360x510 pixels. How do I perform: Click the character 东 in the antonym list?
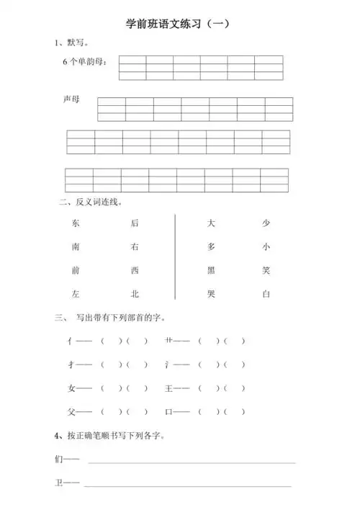click(76, 223)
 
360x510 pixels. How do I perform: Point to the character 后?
click(135, 223)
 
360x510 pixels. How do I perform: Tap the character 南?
click(76, 247)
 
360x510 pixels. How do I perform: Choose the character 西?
click(135, 270)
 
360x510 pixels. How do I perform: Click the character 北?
click(135, 294)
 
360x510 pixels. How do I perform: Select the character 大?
click(211, 223)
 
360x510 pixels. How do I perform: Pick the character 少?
click(266, 223)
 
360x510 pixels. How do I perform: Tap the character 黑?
click(211, 270)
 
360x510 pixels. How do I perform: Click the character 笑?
click(266, 270)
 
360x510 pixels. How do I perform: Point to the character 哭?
click(211, 294)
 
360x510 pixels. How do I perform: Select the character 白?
click(266, 294)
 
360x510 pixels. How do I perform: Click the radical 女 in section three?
click(71, 388)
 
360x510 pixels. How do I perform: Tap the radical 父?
click(71, 412)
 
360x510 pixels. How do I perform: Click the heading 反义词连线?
click(94, 203)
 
